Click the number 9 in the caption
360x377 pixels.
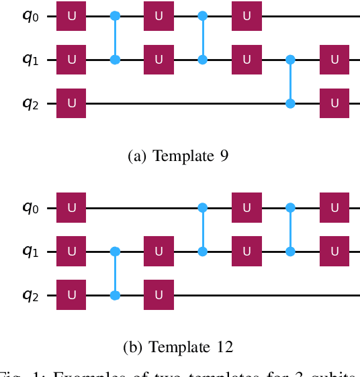224,156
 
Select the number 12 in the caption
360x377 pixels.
224,347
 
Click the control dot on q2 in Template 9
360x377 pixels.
290,103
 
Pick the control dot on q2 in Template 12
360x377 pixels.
115,295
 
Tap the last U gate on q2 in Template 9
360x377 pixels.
334,103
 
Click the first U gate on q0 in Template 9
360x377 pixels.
71,15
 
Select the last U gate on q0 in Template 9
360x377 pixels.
246,15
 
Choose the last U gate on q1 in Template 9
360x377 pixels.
334,60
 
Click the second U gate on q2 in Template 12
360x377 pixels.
159,295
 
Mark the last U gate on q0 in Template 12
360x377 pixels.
334,208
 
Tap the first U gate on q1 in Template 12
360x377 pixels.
71,252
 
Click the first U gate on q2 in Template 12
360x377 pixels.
71,295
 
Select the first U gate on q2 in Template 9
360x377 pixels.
71,103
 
